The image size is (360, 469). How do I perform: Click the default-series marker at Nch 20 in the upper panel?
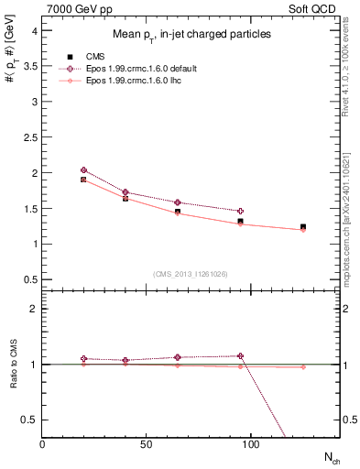(x=83, y=170)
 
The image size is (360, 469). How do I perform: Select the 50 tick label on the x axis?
(x=146, y=444)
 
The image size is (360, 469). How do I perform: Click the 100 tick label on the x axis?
(x=250, y=444)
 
